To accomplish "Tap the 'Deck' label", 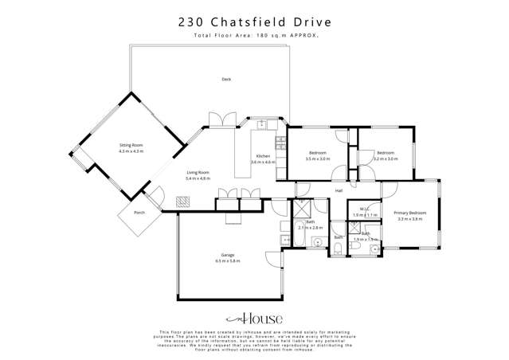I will point(227,79).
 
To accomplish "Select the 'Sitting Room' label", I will point(131,146).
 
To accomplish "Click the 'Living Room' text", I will point(198,172).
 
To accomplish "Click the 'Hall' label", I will point(338,191).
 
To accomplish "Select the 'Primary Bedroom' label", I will point(410,213).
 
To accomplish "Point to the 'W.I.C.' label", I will point(363,209).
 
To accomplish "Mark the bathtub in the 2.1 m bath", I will point(303,209).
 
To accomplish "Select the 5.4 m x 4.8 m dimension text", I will point(198,178).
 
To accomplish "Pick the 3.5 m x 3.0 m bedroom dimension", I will point(316,159).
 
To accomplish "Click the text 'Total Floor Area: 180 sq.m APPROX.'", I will point(254,37).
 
